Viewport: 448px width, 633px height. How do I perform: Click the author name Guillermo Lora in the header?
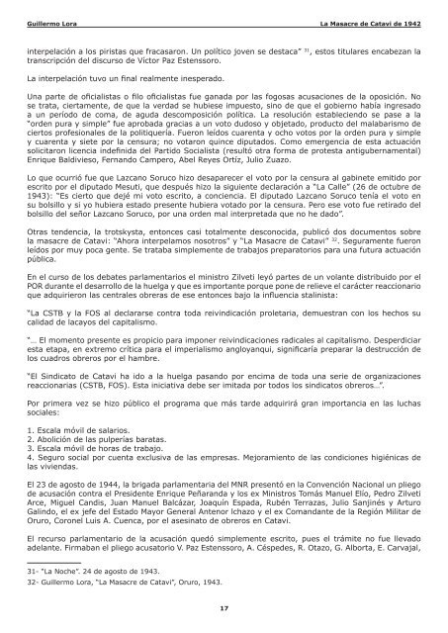53,21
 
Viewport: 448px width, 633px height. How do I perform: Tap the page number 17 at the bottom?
224,609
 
